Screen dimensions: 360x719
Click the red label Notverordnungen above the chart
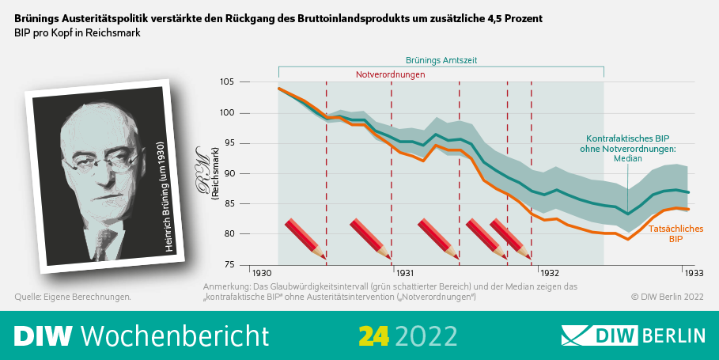[391, 74]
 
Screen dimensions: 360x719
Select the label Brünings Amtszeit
[441, 60]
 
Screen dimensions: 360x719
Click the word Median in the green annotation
[628, 159]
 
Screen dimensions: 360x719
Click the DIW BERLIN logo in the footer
[633, 335]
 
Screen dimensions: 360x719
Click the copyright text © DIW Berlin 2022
[667, 297]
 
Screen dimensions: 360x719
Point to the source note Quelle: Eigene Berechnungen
[73, 297]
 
